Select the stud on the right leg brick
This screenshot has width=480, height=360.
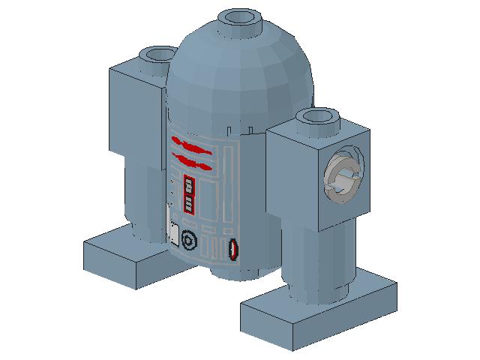[x=318, y=118]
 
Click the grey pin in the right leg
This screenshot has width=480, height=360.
[x=343, y=180]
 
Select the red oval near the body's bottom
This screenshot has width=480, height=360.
[x=233, y=250]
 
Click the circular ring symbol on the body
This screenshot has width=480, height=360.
[x=188, y=240]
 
